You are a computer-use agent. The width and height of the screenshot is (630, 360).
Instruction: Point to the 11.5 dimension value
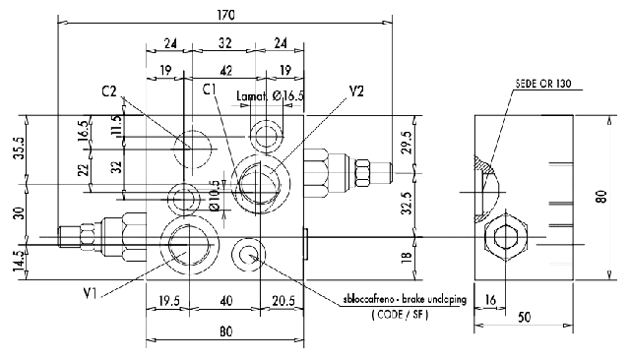[x=116, y=127]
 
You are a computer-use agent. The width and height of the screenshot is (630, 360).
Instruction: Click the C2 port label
[x=109, y=91]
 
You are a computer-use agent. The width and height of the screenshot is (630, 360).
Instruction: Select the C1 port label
[x=210, y=89]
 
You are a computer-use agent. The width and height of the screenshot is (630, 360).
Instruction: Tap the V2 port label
[x=356, y=90]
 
